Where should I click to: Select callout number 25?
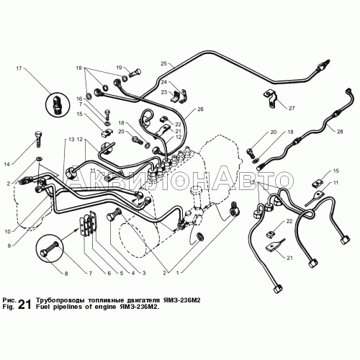point(163,63)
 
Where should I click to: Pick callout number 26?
point(200,109)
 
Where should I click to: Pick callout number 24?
point(163,83)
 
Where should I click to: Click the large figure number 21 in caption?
point(24,305)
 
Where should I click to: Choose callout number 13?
point(71,138)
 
